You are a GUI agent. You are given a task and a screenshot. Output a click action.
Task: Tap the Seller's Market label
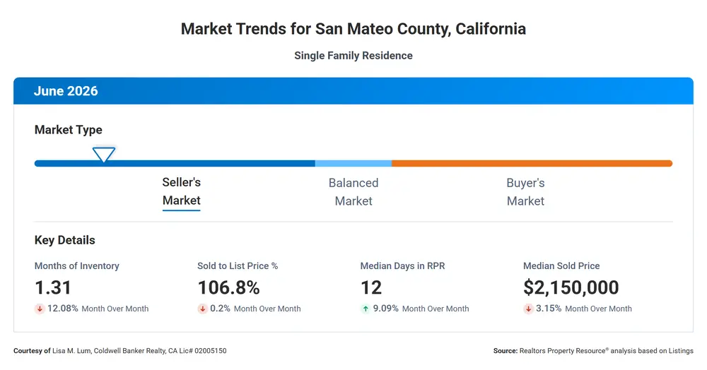click(x=181, y=191)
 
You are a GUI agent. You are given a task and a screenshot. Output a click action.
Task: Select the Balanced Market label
click(x=353, y=192)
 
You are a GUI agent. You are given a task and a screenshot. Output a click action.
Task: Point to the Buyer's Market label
click(x=526, y=192)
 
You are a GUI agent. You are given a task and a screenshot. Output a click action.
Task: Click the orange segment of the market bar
click(x=532, y=163)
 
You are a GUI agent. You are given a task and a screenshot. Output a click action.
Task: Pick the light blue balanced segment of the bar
click(x=353, y=163)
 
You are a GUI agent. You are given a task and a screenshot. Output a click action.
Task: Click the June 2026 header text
click(x=66, y=91)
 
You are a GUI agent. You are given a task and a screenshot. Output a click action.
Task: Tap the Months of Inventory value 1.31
click(x=53, y=287)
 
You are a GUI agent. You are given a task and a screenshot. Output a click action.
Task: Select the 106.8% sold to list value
click(x=228, y=287)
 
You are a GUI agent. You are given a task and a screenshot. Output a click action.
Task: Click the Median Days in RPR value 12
click(x=371, y=287)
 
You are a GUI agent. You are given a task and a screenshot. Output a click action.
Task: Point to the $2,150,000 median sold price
click(x=571, y=287)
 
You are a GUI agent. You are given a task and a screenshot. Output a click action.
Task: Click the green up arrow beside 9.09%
click(x=366, y=309)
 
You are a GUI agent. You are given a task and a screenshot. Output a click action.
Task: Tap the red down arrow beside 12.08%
click(x=40, y=309)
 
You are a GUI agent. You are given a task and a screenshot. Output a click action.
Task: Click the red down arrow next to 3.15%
click(x=528, y=309)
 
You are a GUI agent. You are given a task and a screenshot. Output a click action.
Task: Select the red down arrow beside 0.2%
click(x=202, y=309)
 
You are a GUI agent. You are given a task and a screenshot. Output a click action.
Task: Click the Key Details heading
click(x=65, y=240)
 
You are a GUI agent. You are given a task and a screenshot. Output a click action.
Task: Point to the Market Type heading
click(x=69, y=130)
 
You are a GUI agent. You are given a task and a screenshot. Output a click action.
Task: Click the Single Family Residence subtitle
click(x=353, y=55)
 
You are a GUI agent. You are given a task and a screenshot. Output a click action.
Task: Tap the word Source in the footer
click(x=506, y=351)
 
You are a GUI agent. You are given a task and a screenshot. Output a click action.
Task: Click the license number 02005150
click(x=211, y=351)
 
